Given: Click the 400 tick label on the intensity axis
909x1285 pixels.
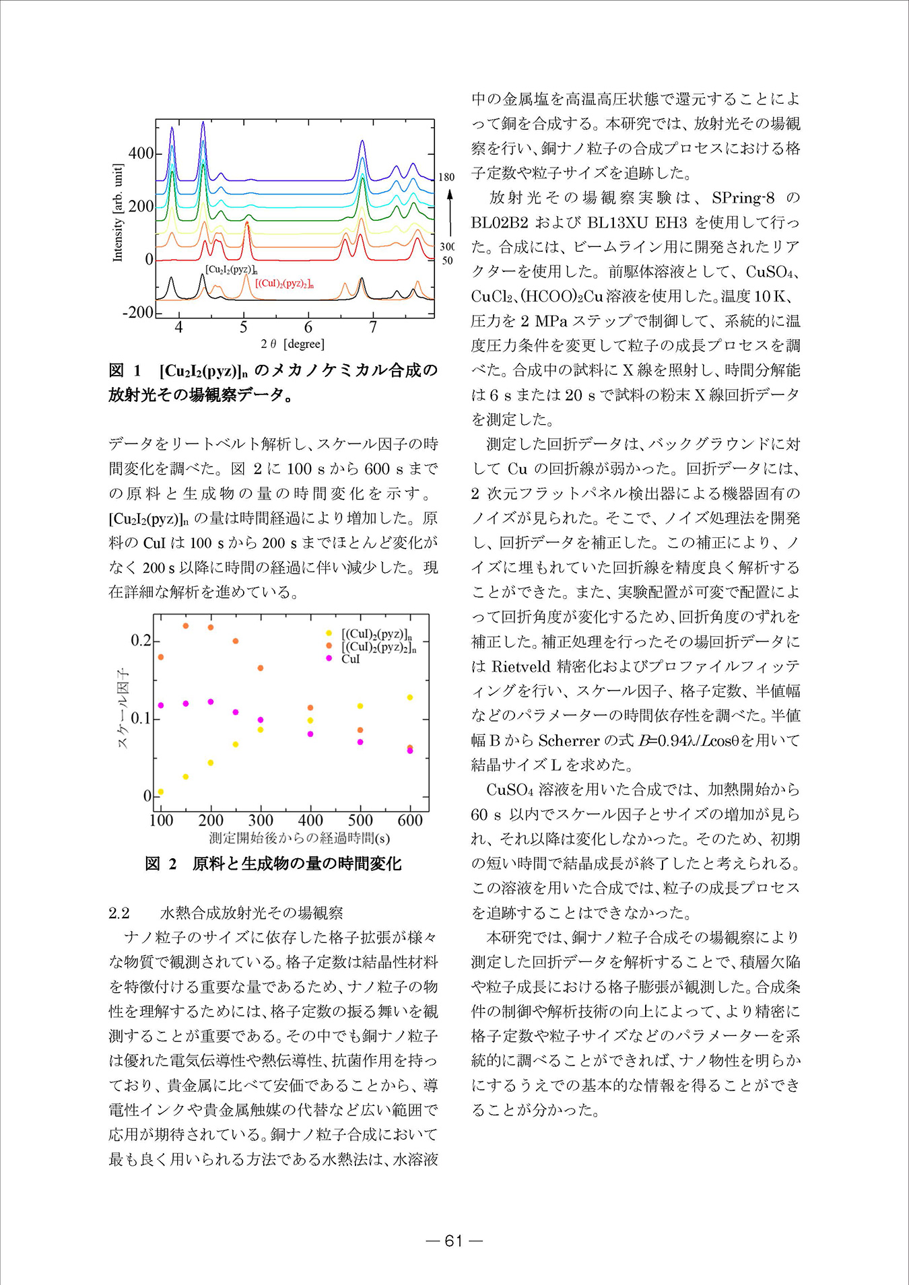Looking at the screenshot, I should pyautogui.click(x=141, y=153).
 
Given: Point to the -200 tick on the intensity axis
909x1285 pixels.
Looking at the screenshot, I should pyautogui.click(x=138, y=312).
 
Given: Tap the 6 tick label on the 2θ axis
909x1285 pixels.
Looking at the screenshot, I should pyautogui.click(x=308, y=328).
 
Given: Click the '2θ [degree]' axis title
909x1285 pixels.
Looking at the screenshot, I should pyautogui.click(x=293, y=344).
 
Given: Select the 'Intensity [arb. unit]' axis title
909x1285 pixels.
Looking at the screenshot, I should pyautogui.click(x=118, y=213).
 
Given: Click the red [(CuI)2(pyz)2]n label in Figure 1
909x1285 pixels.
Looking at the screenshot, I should pyautogui.click(x=285, y=283).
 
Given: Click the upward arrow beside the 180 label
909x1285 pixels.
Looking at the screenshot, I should pyautogui.click(x=449, y=212).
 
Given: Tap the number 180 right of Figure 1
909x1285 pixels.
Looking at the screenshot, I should pyautogui.click(x=446, y=177).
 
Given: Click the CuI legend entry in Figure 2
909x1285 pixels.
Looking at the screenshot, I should pyautogui.click(x=350, y=659).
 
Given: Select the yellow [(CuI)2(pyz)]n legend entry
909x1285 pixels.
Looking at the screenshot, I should pyautogui.click(x=376, y=634).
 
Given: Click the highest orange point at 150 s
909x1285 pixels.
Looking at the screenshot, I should pyautogui.click(x=186, y=626).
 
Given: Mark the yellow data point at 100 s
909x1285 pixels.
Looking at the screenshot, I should pyautogui.click(x=160, y=792).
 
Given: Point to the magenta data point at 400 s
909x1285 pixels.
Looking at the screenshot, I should pyautogui.click(x=310, y=734).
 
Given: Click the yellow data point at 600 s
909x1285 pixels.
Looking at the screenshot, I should pyautogui.click(x=409, y=697).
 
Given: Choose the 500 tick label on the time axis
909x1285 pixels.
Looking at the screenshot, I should pyautogui.click(x=360, y=821).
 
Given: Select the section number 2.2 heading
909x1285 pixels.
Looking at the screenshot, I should pyautogui.click(x=119, y=913).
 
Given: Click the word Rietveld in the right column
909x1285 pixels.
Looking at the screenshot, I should pyautogui.click(x=521, y=666).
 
